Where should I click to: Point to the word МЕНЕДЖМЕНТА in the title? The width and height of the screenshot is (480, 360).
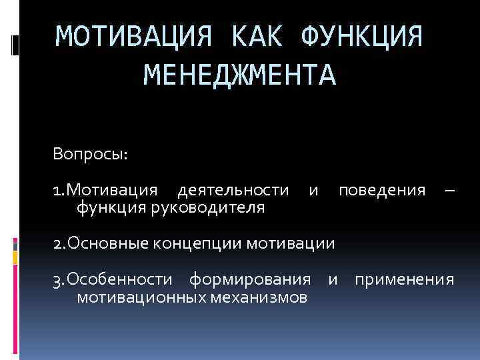pos(241,74)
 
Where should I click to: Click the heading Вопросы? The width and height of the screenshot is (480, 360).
pos(91,155)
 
